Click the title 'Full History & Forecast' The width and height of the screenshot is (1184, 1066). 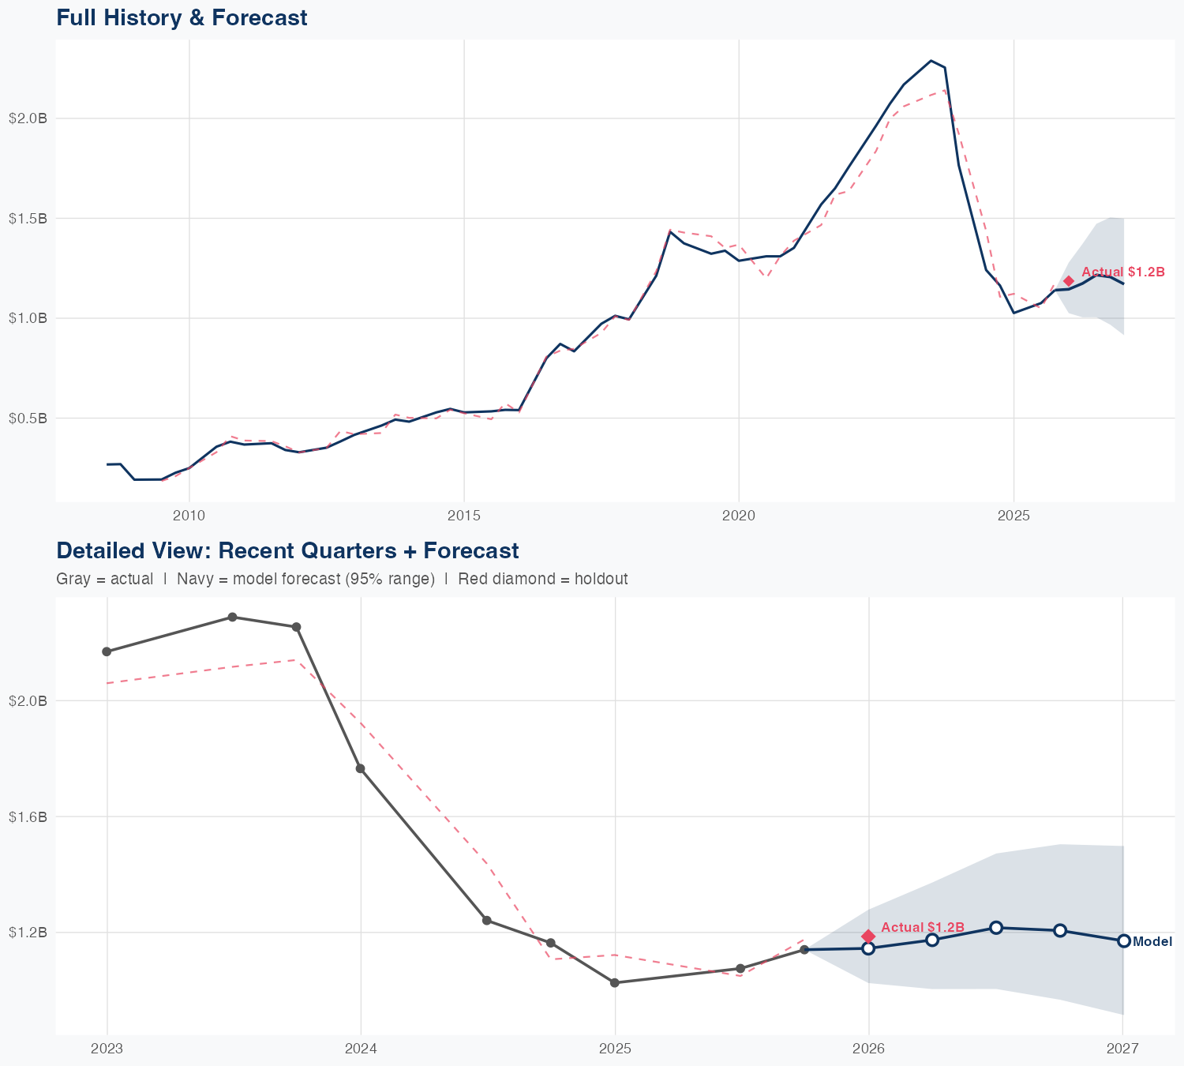pyautogui.click(x=182, y=17)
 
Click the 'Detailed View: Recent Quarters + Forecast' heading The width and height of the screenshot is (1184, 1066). pyautogui.click(x=287, y=550)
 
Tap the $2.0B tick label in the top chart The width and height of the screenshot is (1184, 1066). pyautogui.click(x=28, y=118)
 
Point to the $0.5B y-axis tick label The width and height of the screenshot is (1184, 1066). pyautogui.click(x=28, y=418)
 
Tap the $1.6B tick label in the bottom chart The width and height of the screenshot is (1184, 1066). pyautogui.click(x=28, y=816)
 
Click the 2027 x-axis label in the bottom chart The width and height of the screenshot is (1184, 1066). pyautogui.click(x=1122, y=1049)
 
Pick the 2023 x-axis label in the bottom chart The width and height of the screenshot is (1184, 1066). pyautogui.click(x=107, y=1049)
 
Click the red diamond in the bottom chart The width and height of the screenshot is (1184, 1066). pyautogui.click(x=868, y=936)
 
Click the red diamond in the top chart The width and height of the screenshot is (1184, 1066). pyautogui.click(x=1069, y=281)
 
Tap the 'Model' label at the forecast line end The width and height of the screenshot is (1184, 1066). pyautogui.click(x=1152, y=941)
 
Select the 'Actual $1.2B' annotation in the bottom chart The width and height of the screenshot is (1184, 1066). pyautogui.click(x=923, y=927)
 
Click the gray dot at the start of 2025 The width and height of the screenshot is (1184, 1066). pyautogui.click(x=615, y=982)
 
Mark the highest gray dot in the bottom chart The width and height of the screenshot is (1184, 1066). pyautogui.click(x=232, y=617)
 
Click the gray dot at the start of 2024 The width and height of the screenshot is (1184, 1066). pyautogui.click(x=360, y=768)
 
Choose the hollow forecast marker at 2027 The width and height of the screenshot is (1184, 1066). pyautogui.click(x=1124, y=940)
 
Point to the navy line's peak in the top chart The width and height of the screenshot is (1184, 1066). pyautogui.click(x=931, y=60)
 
